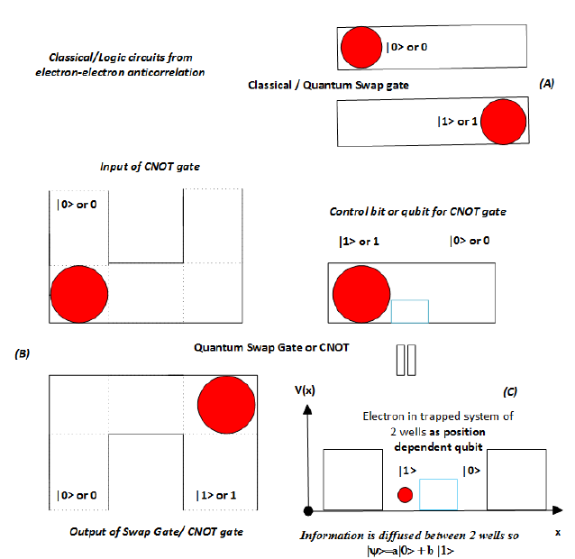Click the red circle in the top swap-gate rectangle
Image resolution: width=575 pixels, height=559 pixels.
(x=361, y=47)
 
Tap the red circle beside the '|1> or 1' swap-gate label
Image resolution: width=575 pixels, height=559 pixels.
(x=502, y=121)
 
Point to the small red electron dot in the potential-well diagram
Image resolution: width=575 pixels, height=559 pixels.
(x=406, y=494)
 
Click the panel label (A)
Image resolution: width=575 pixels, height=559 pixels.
(x=546, y=83)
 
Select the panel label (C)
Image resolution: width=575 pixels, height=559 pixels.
(x=510, y=394)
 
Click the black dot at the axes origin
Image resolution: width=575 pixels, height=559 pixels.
(x=309, y=510)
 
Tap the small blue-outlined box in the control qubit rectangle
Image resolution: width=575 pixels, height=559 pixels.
(x=409, y=311)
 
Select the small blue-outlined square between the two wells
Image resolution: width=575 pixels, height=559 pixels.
(x=438, y=495)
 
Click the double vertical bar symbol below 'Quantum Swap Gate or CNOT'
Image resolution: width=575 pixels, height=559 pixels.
(x=406, y=356)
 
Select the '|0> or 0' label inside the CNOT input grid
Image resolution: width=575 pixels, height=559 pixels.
(x=77, y=206)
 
